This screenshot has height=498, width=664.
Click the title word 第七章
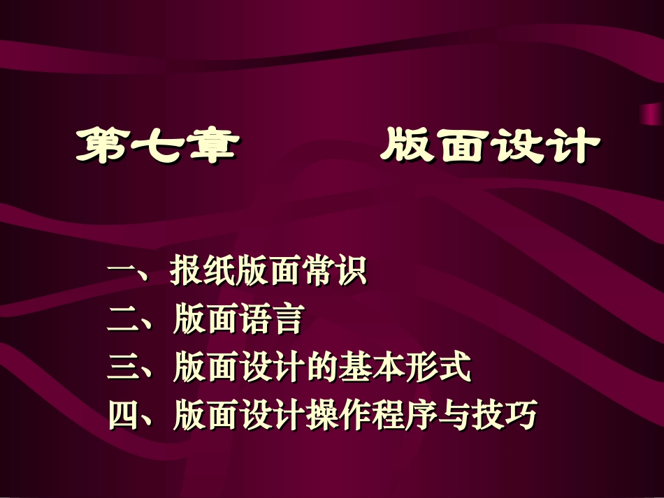coord(154,145)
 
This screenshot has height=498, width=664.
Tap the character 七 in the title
coord(154,145)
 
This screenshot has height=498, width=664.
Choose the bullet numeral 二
coord(122,321)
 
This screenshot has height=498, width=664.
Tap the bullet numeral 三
coord(122,368)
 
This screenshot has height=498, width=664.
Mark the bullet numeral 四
coord(122,416)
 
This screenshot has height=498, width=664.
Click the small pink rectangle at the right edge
coord(651,112)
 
